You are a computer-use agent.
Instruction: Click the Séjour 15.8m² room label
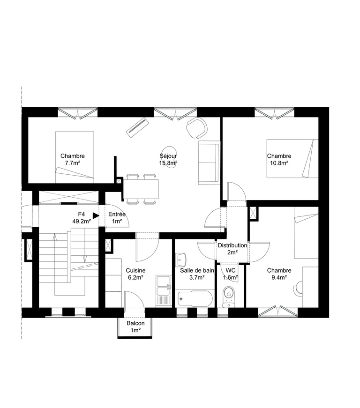[x=168, y=160]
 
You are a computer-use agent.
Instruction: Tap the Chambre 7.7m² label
[x=72, y=160]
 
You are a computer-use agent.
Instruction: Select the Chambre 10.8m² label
[x=279, y=160]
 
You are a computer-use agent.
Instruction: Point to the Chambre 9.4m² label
[x=279, y=274]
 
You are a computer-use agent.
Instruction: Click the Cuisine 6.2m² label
[x=135, y=274]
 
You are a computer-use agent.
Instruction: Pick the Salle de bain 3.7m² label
[x=197, y=274]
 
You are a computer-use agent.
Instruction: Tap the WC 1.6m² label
[x=231, y=274]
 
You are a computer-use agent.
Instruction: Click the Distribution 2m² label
[x=232, y=249]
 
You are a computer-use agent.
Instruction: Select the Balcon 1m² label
[x=135, y=327]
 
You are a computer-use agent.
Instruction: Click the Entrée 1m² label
[x=117, y=218]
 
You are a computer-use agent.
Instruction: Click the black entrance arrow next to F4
[x=96, y=215]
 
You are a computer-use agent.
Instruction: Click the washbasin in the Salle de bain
[x=182, y=259]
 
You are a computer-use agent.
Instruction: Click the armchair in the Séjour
[x=196, y=127]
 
